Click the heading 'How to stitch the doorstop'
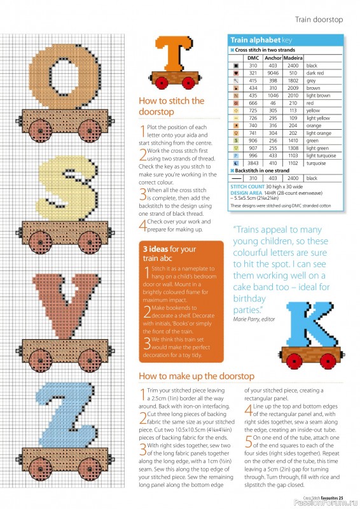click(x=171, y=106)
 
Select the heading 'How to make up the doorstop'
click(x=197, y=376)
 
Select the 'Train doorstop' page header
click(x=319, y=20)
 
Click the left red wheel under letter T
click(x=162, y=81)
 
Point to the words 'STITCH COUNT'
click(x=244, y=186)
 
